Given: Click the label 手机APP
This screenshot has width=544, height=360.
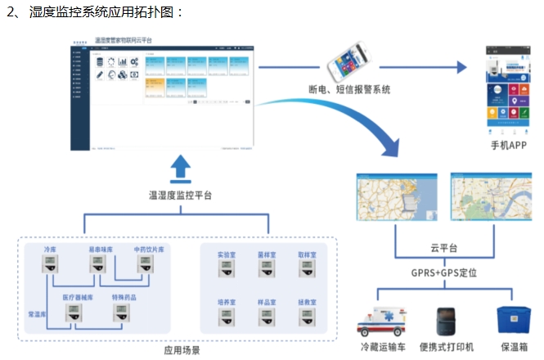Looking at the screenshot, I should (507, 146).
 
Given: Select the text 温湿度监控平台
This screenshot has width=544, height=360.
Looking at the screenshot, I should (181, 195).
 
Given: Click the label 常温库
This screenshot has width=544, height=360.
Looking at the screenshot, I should (37, 314).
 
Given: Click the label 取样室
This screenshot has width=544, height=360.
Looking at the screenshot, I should (307, 254).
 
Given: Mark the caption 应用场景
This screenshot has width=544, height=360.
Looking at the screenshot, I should (182, 350).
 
